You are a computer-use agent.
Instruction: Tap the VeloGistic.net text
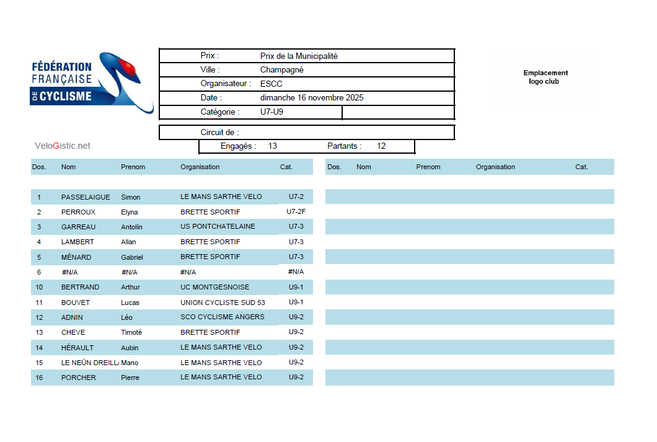63,146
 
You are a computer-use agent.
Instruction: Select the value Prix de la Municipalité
299,56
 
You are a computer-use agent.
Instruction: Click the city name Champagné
281,70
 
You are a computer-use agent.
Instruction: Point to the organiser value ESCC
271,84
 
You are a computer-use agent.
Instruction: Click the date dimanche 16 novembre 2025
312,98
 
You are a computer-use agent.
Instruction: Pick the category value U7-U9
271,112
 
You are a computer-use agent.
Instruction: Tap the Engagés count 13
273,146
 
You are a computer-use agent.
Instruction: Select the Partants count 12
381,146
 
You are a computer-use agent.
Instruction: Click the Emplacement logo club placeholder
545,77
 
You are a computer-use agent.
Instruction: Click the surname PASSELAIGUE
86,197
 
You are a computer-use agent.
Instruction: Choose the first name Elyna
130,212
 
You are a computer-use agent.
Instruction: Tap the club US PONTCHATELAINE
218,227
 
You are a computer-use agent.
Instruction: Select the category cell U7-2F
296,212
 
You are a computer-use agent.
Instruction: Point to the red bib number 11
39,303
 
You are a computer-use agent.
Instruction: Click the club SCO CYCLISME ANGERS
222,317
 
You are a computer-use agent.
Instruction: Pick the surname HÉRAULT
77,348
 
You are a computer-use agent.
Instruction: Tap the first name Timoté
131,332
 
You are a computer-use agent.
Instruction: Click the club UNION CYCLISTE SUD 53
223,303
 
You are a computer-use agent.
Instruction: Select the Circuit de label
219,133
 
